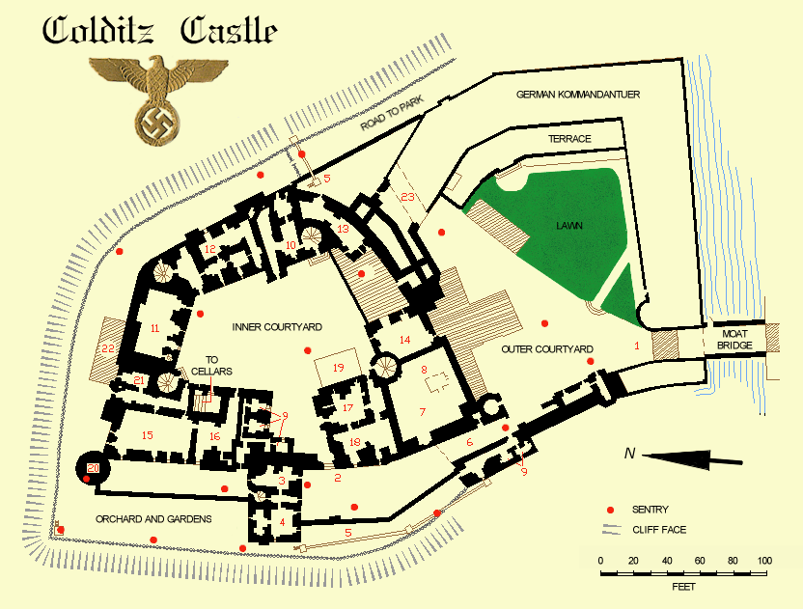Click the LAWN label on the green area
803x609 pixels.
click(569, 225)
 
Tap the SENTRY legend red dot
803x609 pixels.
click(609, 510)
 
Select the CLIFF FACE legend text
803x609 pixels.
click(660, 530)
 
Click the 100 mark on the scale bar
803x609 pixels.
click(764, 561)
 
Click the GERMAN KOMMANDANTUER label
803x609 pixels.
click(579, 95)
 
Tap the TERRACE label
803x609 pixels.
click(569, 139)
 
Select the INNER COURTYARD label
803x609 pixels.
click(277, 327)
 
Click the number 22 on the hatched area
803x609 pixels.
click(107, 348)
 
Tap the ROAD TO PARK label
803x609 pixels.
click(392, 119)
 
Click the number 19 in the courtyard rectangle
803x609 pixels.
click(338, 368)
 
